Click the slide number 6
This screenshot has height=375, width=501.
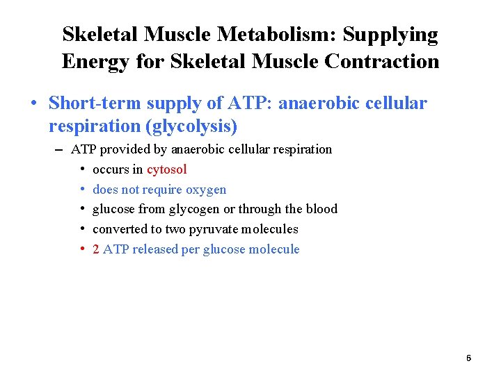pyautogui.click(x=468, y=358)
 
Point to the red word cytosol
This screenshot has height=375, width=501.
pyautogui.click(x=167, y=169)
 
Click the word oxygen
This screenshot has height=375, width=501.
pyautogui.click(x=206, y=190)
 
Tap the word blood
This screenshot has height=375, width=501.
pyautogui.click(x=322, y=209)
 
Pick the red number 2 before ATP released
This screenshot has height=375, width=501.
pyautogui.click(x=96, y=249)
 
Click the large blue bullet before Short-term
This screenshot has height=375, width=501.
pyautogui.click(x=33, y=104)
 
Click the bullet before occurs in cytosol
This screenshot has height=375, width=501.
pyautogui.click(x=82, y=169)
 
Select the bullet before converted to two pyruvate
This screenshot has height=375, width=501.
pyautogui.click(x=82, y=229)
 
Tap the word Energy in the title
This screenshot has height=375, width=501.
pyautogui.click(x=90, y=61)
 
